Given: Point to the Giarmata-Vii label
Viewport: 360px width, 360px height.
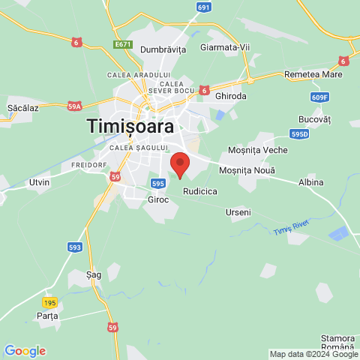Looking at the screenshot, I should click(x=226, y=47).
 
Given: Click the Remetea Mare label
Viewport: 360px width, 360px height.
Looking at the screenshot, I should click(x=313, y=75).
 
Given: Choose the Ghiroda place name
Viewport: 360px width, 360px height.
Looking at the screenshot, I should click(x=230, y=96).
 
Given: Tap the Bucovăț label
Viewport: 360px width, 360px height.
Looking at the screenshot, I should click(x=314, y=119).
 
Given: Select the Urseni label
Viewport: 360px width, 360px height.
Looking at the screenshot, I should click(x=238, y=212).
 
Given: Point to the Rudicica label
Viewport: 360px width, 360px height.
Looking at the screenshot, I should click(x=200, y=192).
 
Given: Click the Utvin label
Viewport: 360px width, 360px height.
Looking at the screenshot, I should click(x=39, y=182).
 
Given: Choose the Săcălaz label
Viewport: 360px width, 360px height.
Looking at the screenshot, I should click(x=22, y=109).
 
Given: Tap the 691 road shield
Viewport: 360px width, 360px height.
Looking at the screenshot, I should click(x=204, y=7).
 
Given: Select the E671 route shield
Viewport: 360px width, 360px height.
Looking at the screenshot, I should click(x=124, y=45).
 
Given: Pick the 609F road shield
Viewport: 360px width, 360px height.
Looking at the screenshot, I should click(x=319, y=97).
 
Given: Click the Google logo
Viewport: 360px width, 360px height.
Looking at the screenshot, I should click(x=25, y=351).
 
